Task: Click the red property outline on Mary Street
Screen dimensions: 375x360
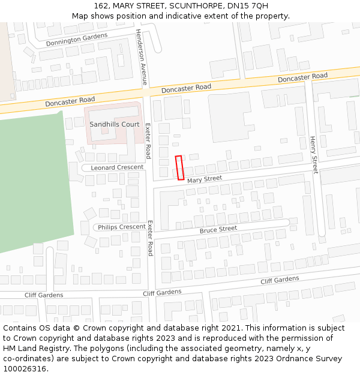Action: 179,167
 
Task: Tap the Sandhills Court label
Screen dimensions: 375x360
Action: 114,124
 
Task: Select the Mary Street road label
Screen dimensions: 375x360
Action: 204,179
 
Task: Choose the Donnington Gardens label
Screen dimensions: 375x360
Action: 76,40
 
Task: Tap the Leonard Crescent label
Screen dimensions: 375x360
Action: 117,167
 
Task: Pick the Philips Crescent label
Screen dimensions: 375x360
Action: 122,227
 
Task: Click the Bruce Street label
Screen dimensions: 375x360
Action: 218,229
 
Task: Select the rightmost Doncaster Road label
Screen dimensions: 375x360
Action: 302,77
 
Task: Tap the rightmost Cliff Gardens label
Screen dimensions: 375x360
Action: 280,280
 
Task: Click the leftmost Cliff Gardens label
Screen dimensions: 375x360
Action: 43,295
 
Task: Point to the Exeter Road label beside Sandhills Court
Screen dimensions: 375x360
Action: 148,140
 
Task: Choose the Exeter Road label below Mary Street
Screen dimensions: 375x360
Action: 150,238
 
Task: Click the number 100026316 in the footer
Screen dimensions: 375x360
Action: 24,368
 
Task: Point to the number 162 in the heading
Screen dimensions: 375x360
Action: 100,6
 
